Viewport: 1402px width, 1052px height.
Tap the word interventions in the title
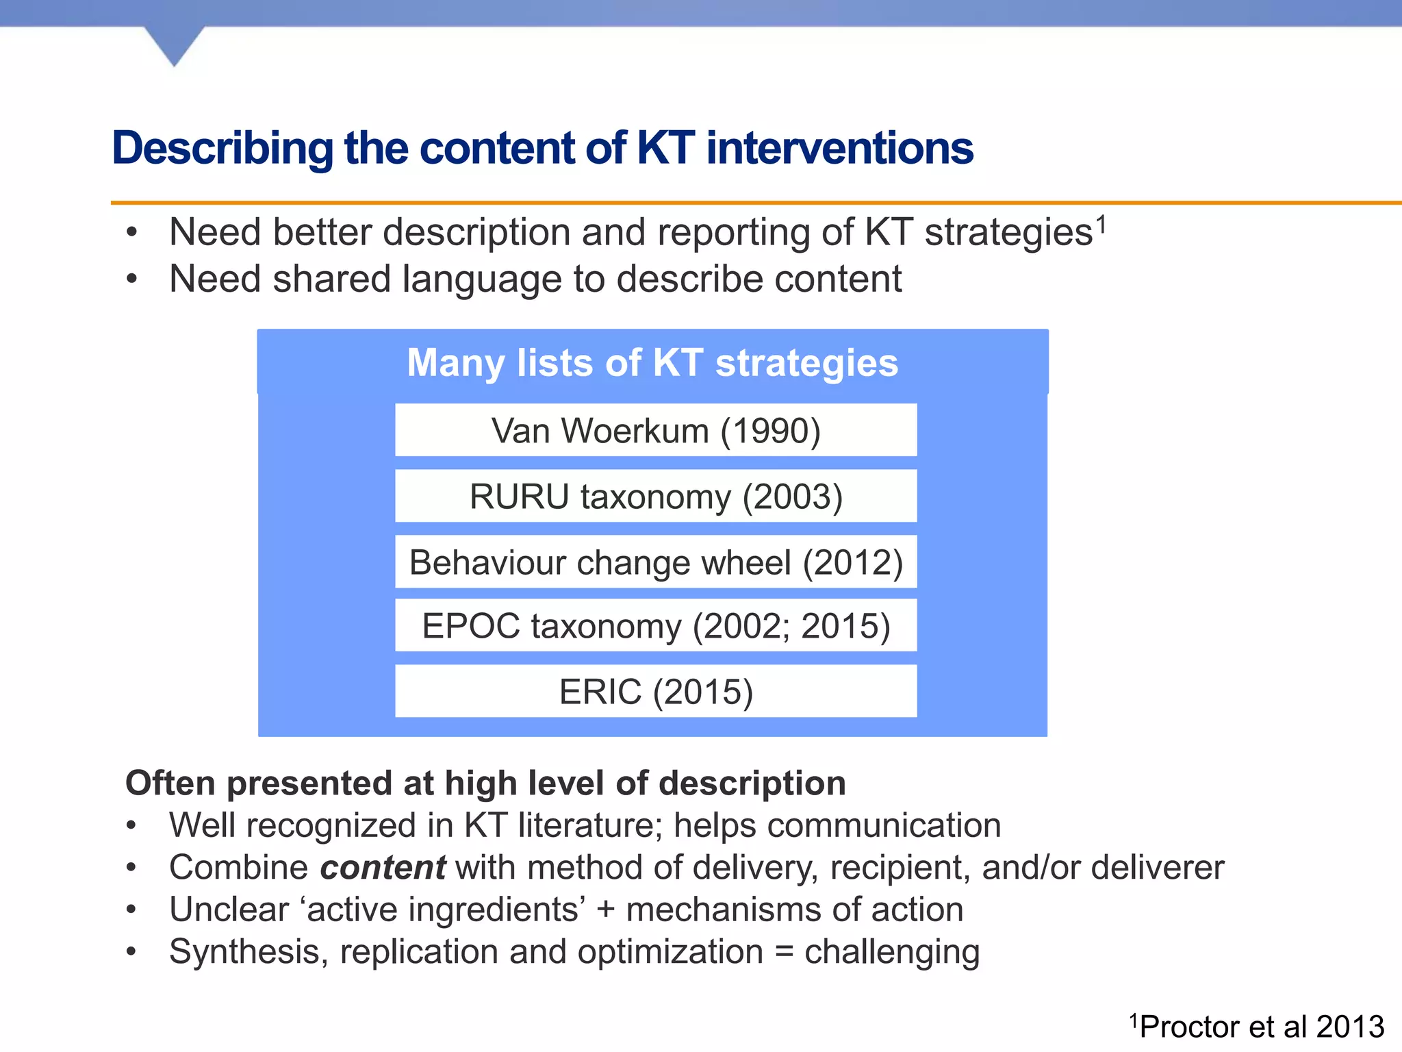point(839,149)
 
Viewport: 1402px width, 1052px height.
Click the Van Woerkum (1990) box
point(656,431)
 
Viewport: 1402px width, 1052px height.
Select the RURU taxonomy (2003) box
point(656,497)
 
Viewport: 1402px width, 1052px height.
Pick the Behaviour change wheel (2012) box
point(656,562)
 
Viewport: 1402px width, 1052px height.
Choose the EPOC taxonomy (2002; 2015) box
point(656,626)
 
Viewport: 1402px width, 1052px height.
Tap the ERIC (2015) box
point(656,692)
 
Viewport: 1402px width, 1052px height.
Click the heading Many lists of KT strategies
point(652,363)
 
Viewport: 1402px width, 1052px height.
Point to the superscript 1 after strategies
point(1101,224)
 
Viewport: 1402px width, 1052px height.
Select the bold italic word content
point(383,868)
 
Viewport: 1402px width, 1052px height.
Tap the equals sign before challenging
point(784,952)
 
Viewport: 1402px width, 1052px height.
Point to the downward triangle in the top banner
point(175,45)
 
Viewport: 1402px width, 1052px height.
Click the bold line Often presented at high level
point(485,783)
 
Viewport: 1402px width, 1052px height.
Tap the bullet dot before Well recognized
point(131,825)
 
